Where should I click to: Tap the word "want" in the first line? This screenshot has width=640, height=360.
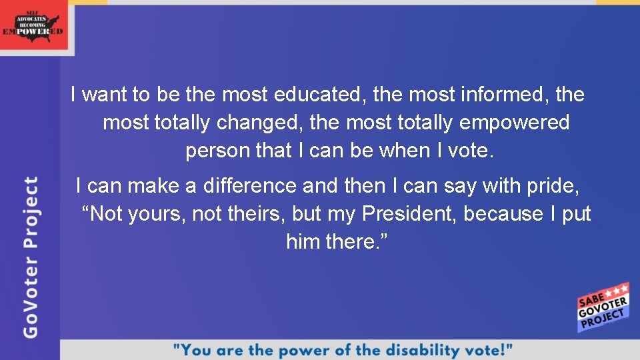tap(106, 95)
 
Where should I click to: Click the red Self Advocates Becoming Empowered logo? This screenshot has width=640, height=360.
tap(34, 25)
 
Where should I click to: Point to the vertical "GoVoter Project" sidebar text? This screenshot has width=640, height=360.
tap(31, 257)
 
